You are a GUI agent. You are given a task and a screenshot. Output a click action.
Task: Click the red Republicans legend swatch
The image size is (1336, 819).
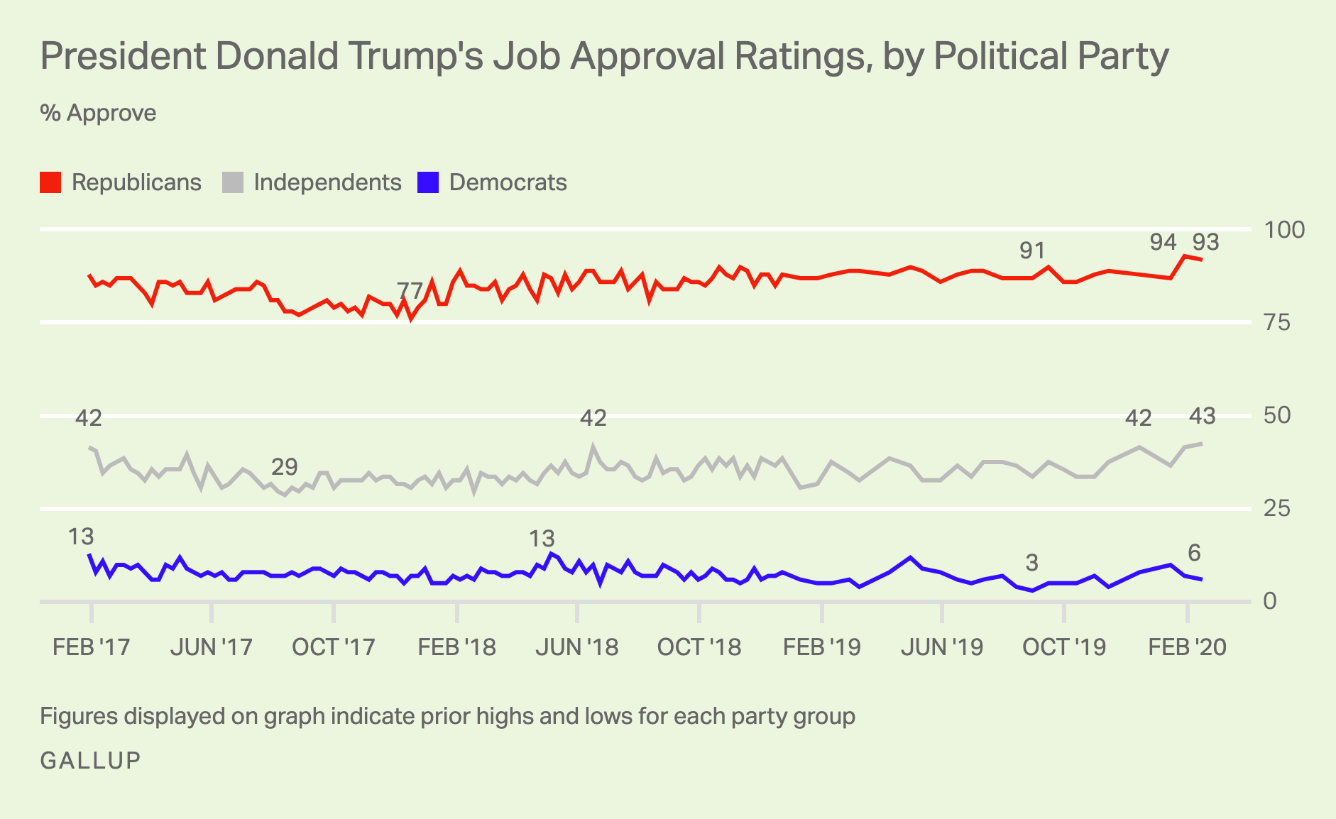[x=50, y=183]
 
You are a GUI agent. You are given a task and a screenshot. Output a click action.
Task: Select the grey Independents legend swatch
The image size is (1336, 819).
[x=233, y=183]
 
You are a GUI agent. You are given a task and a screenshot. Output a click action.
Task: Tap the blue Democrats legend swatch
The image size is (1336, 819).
[x=428, y=183]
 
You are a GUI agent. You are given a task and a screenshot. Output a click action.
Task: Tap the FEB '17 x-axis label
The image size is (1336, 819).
[x=92, y=647]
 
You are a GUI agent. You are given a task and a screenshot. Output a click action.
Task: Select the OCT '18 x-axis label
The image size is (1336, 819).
[x=699, y=647]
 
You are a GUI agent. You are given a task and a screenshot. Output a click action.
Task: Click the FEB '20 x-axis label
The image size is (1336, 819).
[x=1187, y=647]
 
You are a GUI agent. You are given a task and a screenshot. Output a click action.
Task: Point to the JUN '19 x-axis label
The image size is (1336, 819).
[x=942, y=647]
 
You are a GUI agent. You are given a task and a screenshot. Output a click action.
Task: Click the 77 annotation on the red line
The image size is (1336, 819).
[x=410, y=290]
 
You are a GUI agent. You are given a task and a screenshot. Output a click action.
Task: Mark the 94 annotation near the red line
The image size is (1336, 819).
[x=1163, y=243]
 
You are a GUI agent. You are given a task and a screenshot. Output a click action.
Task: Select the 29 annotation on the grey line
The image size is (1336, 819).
[x=285, y=467]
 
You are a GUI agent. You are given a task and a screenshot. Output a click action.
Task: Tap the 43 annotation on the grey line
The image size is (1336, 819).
[x=1202, y=417]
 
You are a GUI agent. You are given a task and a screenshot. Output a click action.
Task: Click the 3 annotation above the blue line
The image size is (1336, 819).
[x=1031, y=564]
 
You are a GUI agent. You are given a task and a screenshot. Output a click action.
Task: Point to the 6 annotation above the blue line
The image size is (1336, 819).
[x=1194, y=553]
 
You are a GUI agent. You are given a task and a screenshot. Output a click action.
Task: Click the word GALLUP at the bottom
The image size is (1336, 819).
[x=91, y=761]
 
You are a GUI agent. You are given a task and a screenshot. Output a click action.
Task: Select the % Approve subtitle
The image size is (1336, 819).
[x=98, y=114]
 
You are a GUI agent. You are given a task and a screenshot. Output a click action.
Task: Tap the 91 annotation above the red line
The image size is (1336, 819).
[x=1032, y=251]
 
